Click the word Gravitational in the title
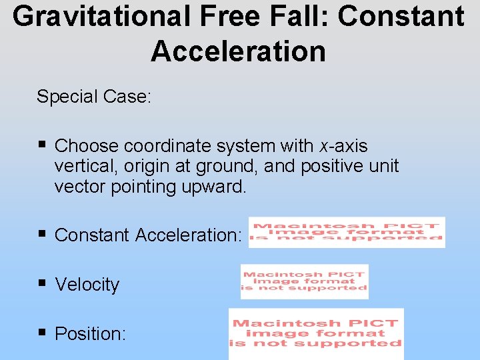[97, 16]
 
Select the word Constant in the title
[401, 16]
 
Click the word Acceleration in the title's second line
[238, 51]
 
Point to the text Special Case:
[94, 97]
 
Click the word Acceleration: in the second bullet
[188, 235]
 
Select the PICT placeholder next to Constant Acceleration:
[347, 232]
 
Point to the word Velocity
[87, 285]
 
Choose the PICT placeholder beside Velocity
[305, 281]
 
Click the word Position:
[90, 333]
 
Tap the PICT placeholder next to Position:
[316, 333]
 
